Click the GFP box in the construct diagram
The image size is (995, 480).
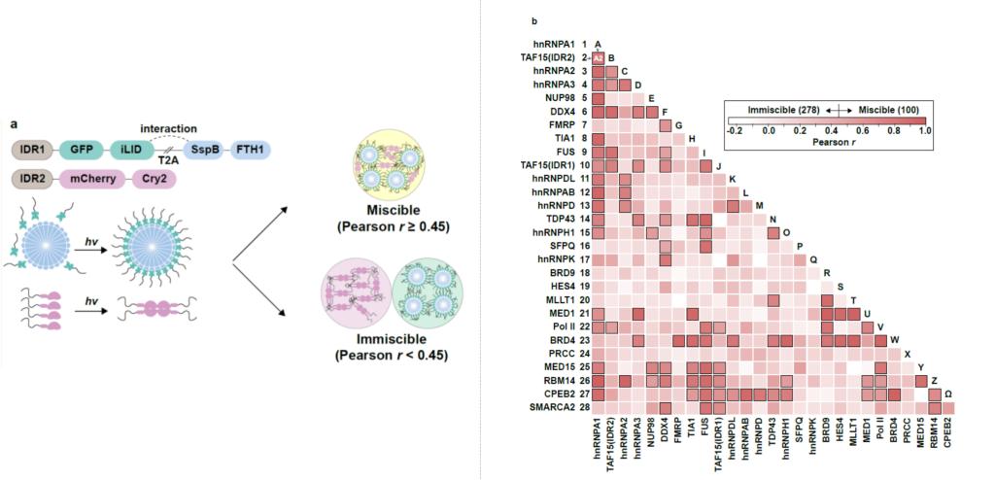pyautogui.click(x=83, y=150)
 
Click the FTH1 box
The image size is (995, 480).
pyautogui.click(x=250, y=150)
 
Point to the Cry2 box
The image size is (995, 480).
pyautogui.click(x=154, y=180)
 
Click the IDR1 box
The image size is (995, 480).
pyautogui.click(x=33, y=150)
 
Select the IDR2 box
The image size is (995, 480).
pyautogui.click(x=33, y=180)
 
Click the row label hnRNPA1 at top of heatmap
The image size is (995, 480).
pyautogui.click(x=553, y=45)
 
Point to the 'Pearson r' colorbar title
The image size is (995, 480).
pyautogui.click(x=828, y=143)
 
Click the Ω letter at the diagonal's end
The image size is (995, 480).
pyautogui.click(x=948, y=394)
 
